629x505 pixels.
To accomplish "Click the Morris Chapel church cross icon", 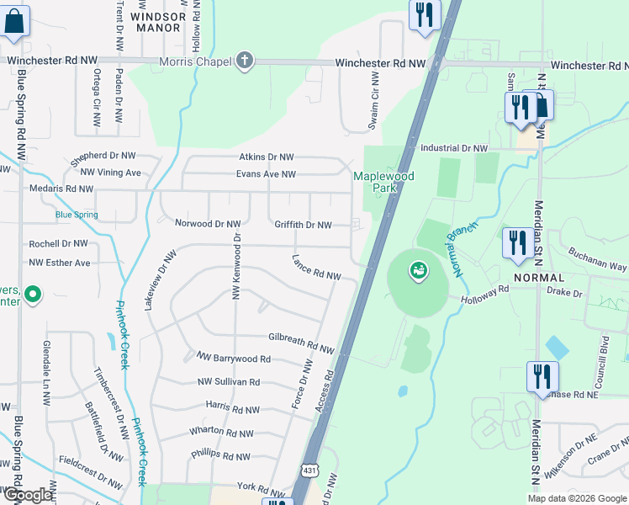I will click(x=244, y=61).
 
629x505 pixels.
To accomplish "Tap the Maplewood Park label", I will click(x=384, y=183).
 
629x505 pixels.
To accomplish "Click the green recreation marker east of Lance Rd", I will click(x=417, y=270).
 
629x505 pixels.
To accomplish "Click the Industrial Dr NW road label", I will click(x=454, y=148).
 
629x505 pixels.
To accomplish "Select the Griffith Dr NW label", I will click(x=303, y=225).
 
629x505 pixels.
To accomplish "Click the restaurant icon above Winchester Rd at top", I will click(x=424, y=13).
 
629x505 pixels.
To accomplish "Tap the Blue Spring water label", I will click(x=77, y=215).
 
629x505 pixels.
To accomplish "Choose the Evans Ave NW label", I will click(x=266, y=174).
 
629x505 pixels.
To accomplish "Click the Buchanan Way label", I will click(x=597, y=258).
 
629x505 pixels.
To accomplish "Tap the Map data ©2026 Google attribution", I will click(x=577, y=498).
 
